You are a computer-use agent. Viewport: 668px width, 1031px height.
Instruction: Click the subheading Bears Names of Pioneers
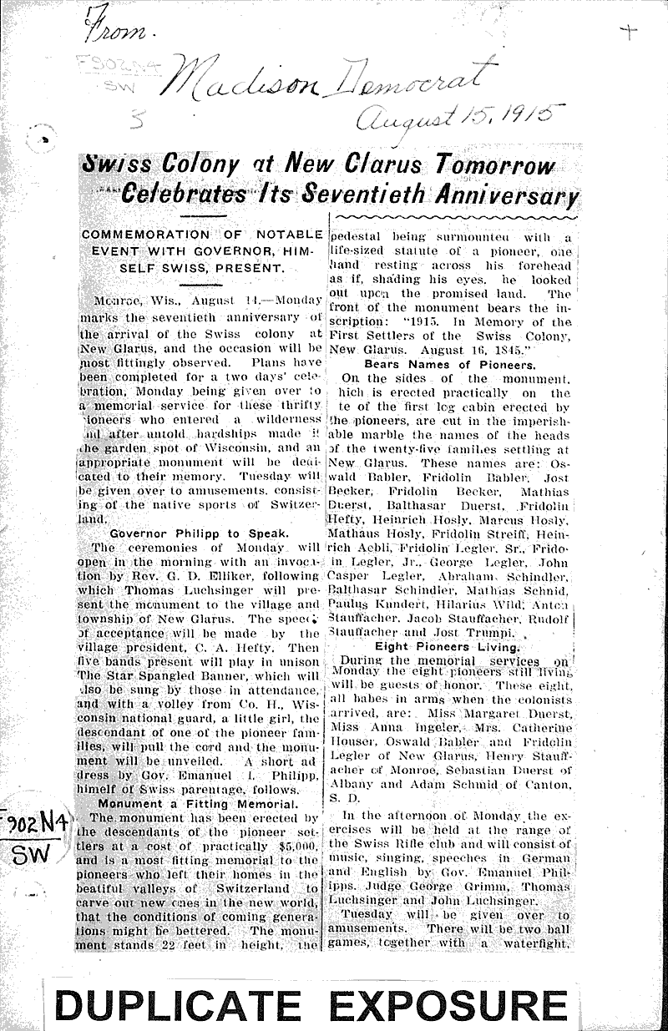point(451,364)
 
